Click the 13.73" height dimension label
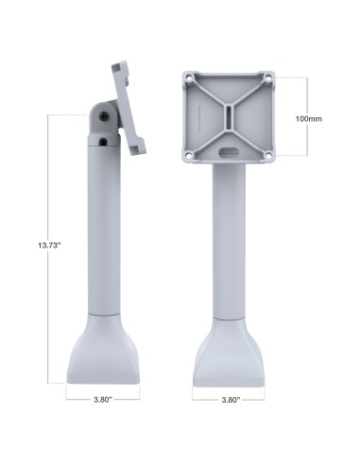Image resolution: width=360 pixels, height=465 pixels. click(43, 246)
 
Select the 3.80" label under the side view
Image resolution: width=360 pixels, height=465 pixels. click(103, 400)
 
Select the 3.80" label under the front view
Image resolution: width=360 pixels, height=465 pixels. click(229, 400)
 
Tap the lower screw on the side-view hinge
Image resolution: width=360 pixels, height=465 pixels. click(102, 142)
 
